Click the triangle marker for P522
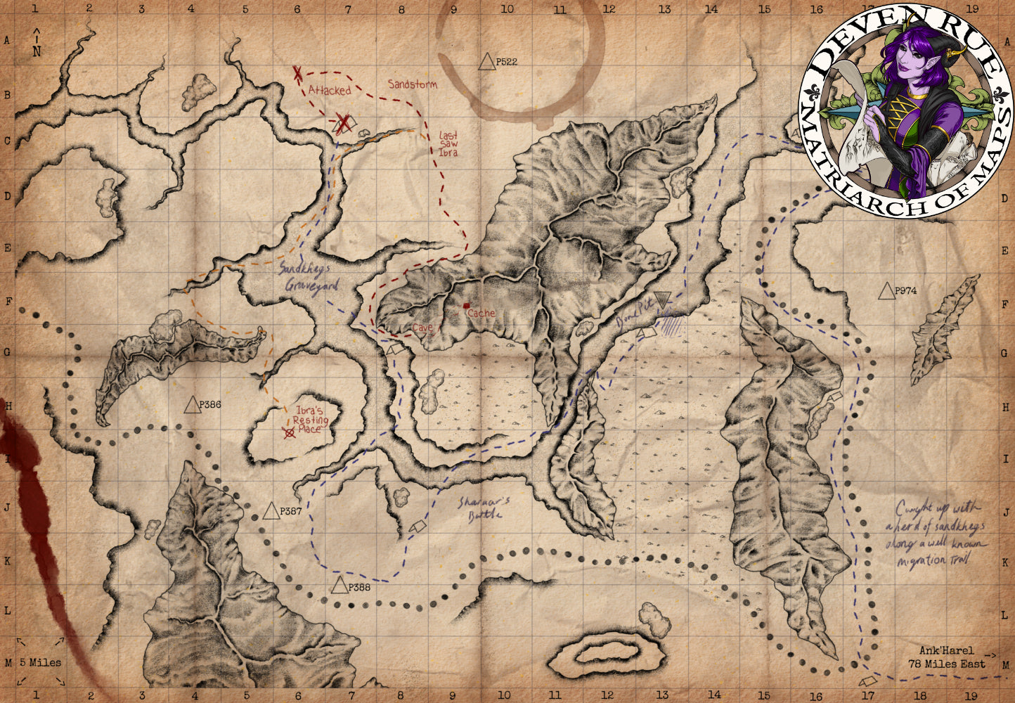coord(486,62)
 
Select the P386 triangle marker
coord(192,405)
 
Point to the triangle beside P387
coord(271,511)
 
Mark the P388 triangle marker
coord(340,586)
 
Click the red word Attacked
coord(329,90)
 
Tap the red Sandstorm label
coord(413,84)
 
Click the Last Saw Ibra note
coord(448,143)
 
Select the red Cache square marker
coord(466,306)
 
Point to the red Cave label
coord(423,328)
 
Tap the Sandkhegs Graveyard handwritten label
coord(310,278)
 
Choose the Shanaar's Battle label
coord(483,508)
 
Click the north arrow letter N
coord(37,51)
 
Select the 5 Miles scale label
coord(40,662)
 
